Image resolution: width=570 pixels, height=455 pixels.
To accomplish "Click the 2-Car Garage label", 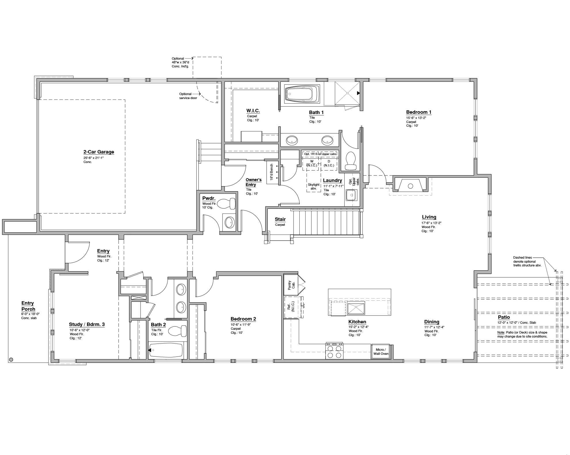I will click(99, 152).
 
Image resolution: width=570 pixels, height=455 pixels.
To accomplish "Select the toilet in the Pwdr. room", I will click(226, 204).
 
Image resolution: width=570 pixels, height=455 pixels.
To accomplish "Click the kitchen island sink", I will click(356, 308).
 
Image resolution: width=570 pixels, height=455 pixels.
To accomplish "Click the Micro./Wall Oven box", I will click(381, 352).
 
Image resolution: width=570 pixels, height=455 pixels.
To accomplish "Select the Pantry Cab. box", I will click(291, 285).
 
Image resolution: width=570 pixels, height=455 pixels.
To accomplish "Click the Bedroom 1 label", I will click(419, 112).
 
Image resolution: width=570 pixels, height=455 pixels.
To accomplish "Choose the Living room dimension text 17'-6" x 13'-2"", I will click(431, 223).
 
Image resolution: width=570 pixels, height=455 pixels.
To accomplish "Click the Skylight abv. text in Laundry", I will click(313, 187).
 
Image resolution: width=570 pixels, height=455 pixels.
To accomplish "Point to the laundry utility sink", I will click(351, 195).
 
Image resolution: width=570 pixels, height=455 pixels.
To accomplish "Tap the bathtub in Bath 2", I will click(166, 350).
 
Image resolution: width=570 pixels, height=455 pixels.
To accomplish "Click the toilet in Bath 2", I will click(177, 331).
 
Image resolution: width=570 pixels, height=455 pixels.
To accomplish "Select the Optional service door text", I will click(188, 96).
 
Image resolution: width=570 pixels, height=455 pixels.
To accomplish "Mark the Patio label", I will click(504, 317).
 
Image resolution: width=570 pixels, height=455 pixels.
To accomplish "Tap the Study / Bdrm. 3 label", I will click(87, 325).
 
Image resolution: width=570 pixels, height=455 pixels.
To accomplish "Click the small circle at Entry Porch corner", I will click(11, 359).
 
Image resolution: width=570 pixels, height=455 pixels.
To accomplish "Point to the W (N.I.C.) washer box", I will click(312, 164).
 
